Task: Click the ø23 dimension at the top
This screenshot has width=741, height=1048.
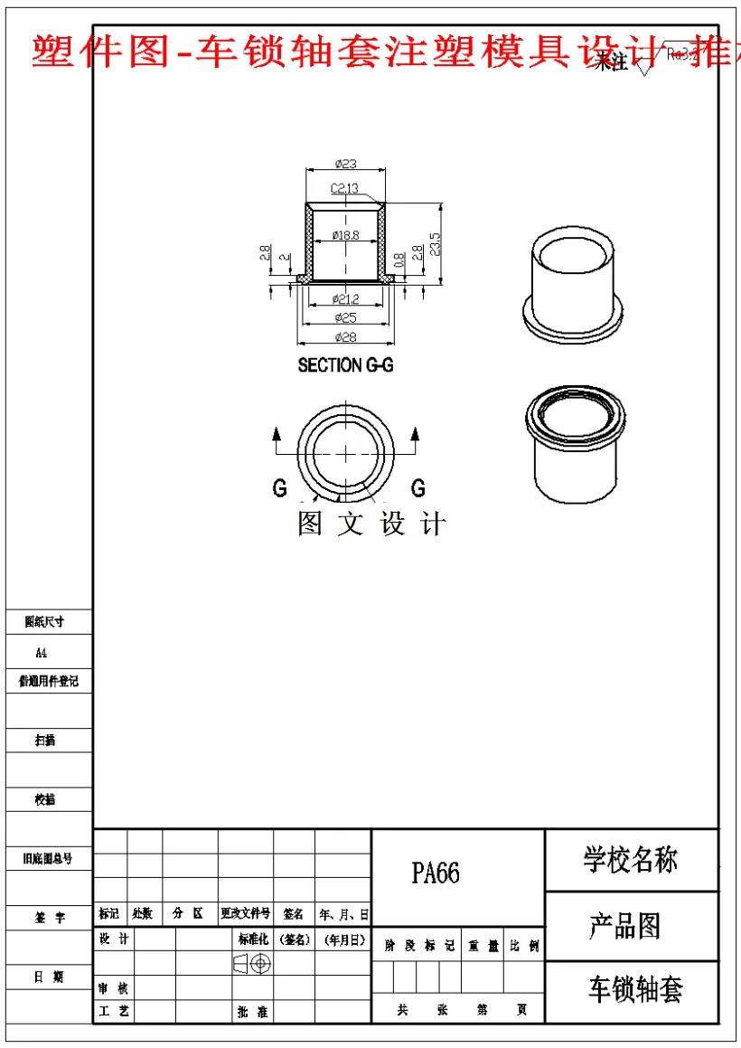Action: tap(345, 164)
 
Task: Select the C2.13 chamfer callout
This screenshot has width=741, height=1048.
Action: tap(344, 188)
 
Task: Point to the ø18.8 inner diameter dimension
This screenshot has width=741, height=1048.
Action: tap(345, 235)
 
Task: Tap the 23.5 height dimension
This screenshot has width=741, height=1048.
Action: tap(436, 243)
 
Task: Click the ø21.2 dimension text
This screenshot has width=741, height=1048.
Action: tap(345, 299)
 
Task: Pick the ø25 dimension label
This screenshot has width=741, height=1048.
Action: tap(345, 317)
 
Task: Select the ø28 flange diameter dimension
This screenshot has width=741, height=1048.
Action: tap(345, 337)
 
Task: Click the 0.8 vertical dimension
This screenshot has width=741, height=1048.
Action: tap(399, 260)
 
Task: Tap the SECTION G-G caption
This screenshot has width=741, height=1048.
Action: tap(345, 365)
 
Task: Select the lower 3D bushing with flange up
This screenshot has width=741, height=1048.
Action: tap(575, 443)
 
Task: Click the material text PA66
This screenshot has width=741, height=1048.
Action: tap(436, 873)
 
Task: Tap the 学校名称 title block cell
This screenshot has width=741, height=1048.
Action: tap(631, 860)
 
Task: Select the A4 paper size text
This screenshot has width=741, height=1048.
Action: tap(42, 652)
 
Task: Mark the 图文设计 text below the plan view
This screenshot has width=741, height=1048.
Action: tap(371, 524)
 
